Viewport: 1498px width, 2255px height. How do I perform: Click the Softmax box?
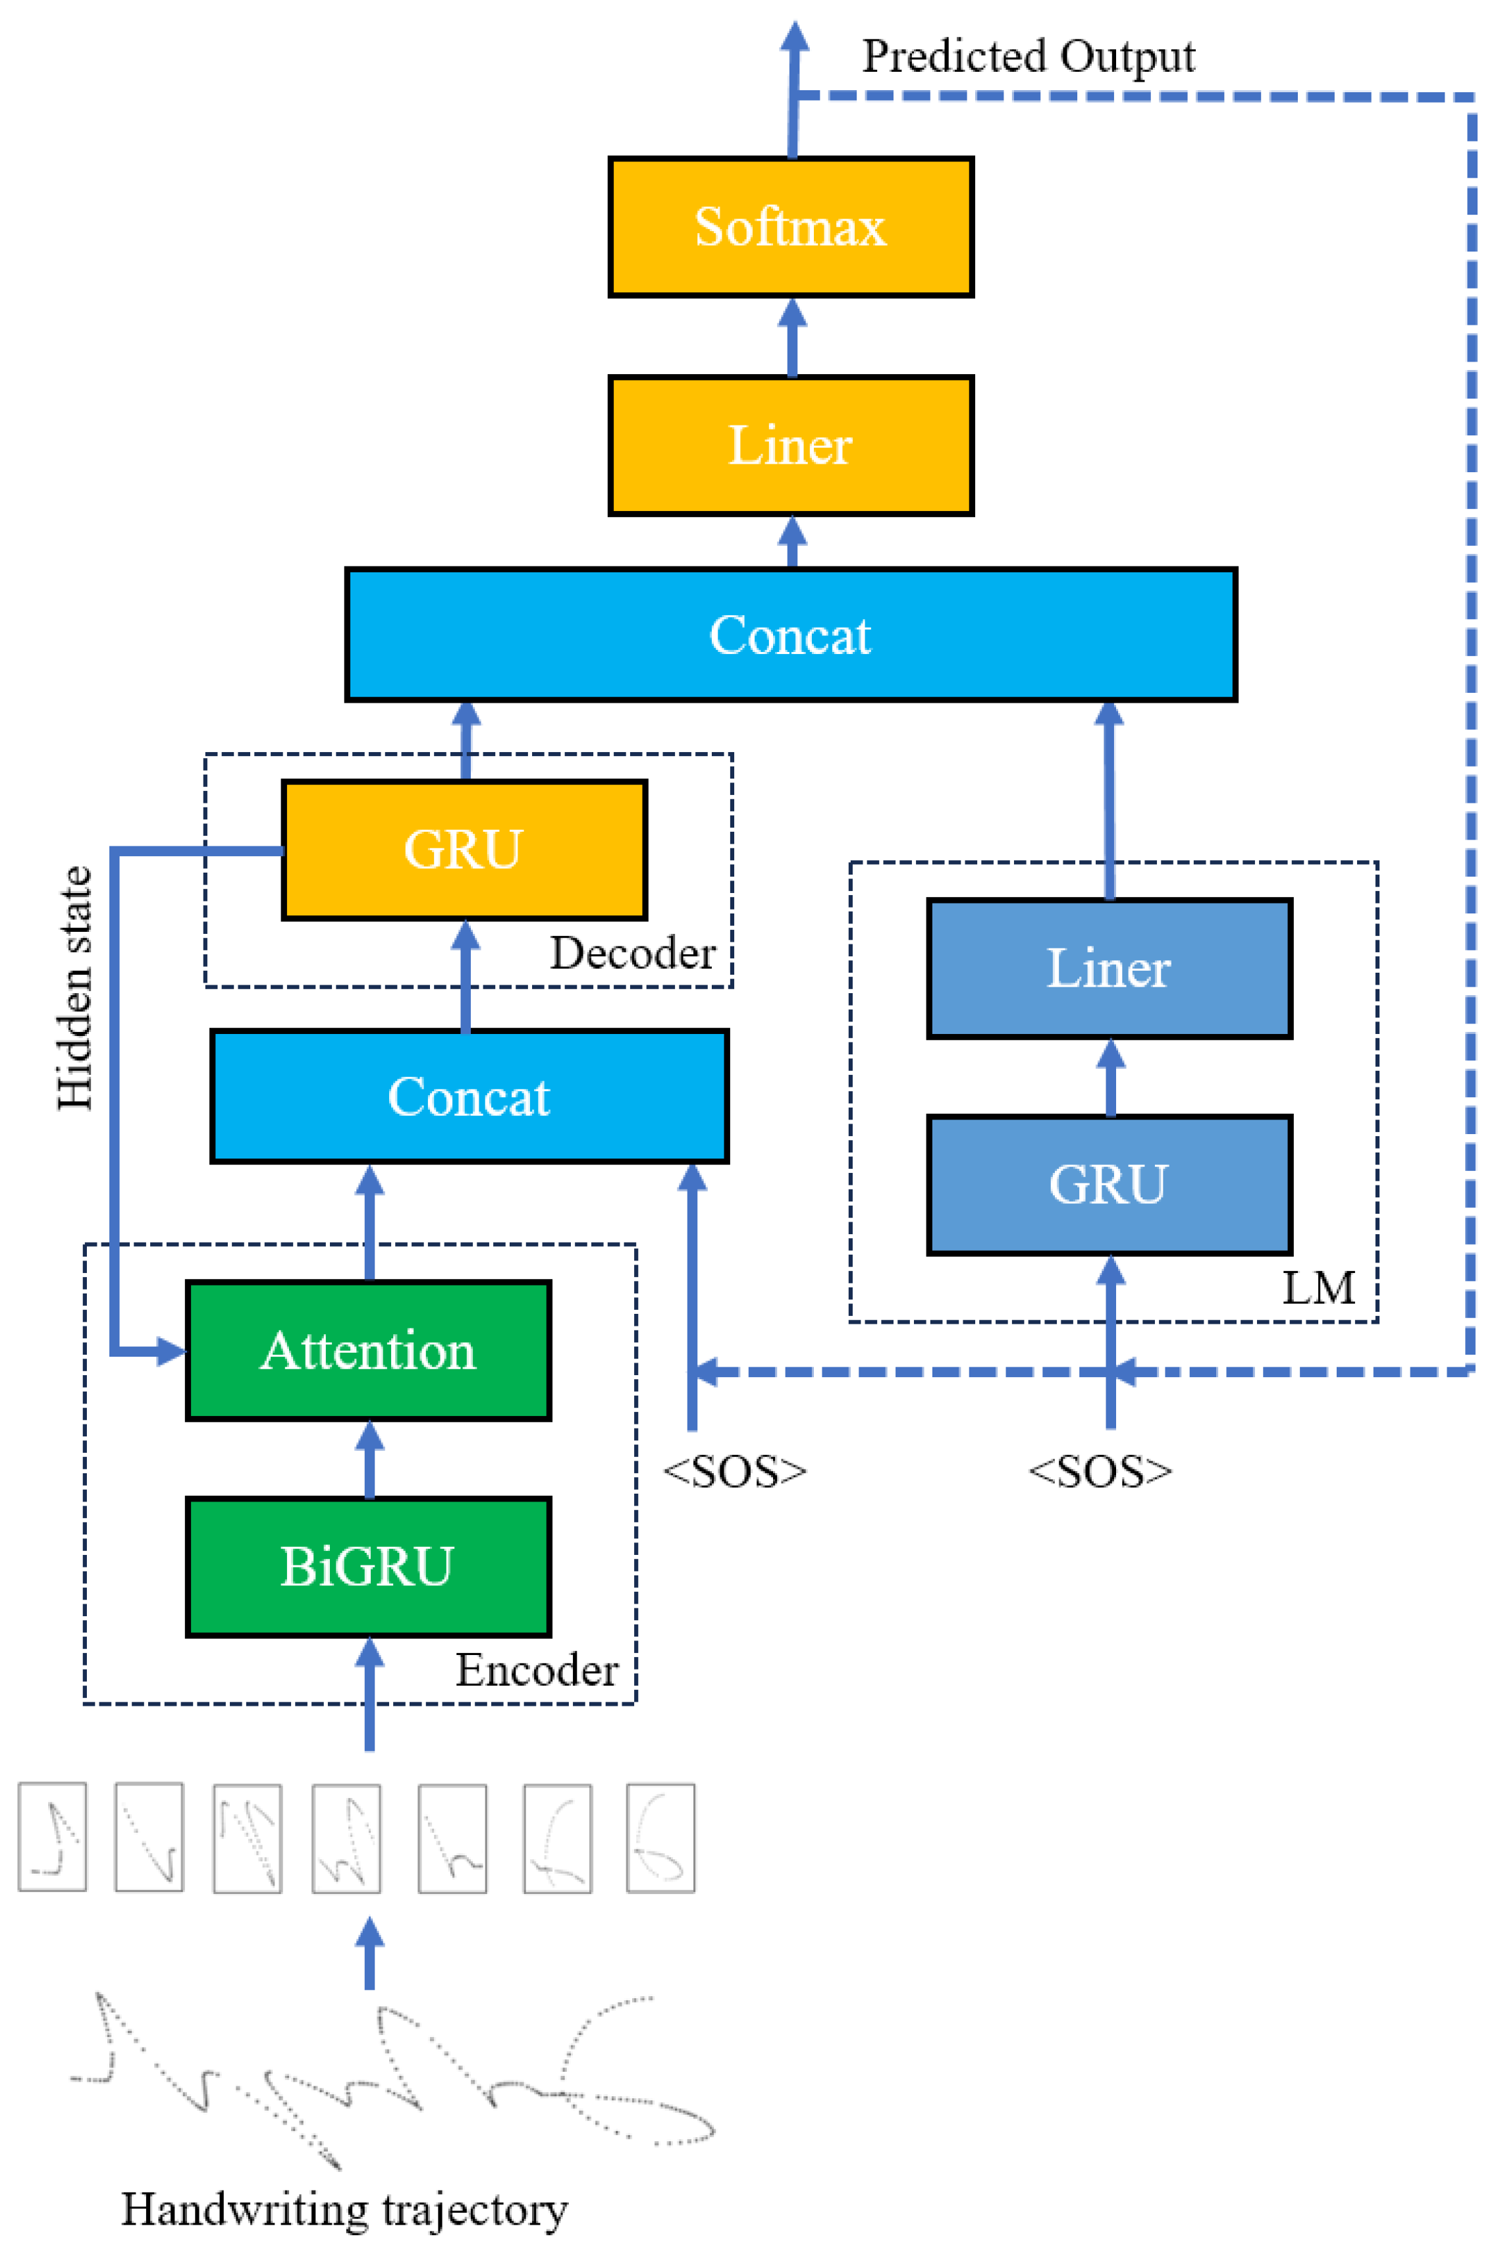point(791,227)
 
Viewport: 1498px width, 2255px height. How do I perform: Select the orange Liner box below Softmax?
point(791,445)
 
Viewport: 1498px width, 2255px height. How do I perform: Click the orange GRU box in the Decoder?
point(464,850)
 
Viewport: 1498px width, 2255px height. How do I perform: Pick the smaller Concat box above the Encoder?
point(469,1096)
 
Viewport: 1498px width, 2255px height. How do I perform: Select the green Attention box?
point(369,1350)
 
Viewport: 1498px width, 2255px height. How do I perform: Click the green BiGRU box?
point(369,1567)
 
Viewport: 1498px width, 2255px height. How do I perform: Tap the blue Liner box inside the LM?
point(1109,968)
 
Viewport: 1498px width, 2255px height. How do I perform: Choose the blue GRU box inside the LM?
point(1109,1185)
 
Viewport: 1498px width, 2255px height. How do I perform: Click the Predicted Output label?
point(1028,55)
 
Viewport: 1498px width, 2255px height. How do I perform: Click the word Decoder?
point(632,952)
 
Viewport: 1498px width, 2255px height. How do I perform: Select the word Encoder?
point(537,1670)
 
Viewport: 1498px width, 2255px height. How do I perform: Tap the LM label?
point(1318,1287)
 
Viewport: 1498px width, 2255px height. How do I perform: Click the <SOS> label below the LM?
point(1100,1471)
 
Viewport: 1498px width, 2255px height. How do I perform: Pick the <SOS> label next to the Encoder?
point(735,1471)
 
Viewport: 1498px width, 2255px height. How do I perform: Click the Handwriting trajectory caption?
point(345,2208)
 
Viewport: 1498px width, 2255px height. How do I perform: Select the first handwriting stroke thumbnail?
point(53,1837)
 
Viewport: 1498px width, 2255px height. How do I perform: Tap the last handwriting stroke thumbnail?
point(660,1837)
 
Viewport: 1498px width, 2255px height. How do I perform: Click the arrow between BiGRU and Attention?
point(369,1460)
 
